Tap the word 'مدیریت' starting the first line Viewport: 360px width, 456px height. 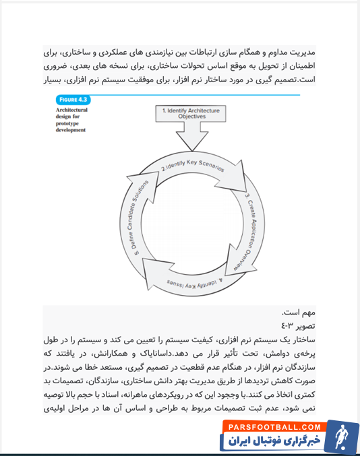point(301,53)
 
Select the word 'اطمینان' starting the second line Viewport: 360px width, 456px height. point(299,67)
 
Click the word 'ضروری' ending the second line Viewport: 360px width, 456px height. point(55,67)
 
